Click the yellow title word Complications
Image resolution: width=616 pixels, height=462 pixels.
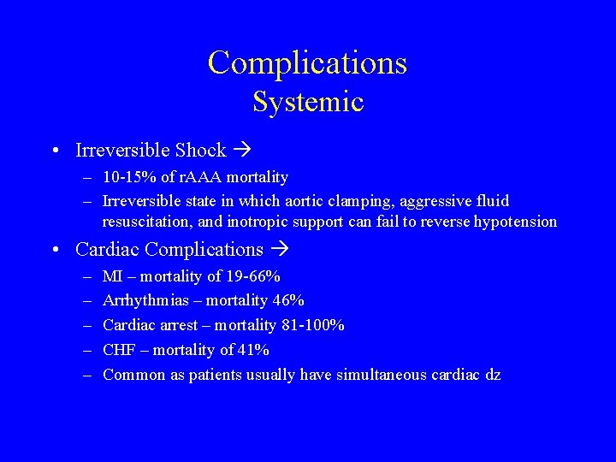pos(307,63)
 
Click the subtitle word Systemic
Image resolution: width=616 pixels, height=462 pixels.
pos(307,103)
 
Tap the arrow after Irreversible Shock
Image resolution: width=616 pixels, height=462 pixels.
pos(242,151)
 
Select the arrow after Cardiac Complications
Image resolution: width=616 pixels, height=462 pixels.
pos(280,250)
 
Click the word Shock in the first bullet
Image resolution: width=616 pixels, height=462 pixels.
pos(200,151)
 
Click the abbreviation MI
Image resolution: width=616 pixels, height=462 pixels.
pos(111,276)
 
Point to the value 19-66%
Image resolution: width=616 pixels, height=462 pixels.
pos(252,276)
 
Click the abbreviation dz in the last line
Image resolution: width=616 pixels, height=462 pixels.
pos(492,375)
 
